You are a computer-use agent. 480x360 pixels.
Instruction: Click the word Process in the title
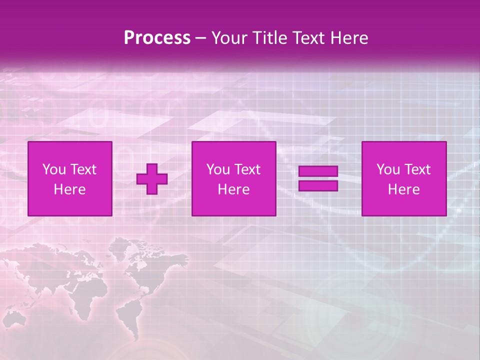click(157, 38)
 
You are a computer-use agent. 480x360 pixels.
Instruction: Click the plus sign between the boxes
click(152, 179)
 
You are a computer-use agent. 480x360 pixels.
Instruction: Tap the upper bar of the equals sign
click(318, 171)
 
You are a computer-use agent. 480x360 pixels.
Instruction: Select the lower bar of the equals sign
click(318, 185)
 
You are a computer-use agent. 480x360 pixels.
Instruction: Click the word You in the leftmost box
click(54, 169)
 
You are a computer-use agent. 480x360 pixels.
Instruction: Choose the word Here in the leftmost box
click(69, 189)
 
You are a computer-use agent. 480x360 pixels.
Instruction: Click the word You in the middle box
click(218, 169)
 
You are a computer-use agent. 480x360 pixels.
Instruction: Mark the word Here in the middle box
click(233, 189)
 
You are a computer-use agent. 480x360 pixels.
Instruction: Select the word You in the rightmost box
click(388, 169)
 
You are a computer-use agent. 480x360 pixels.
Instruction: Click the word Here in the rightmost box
click(403, 189)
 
